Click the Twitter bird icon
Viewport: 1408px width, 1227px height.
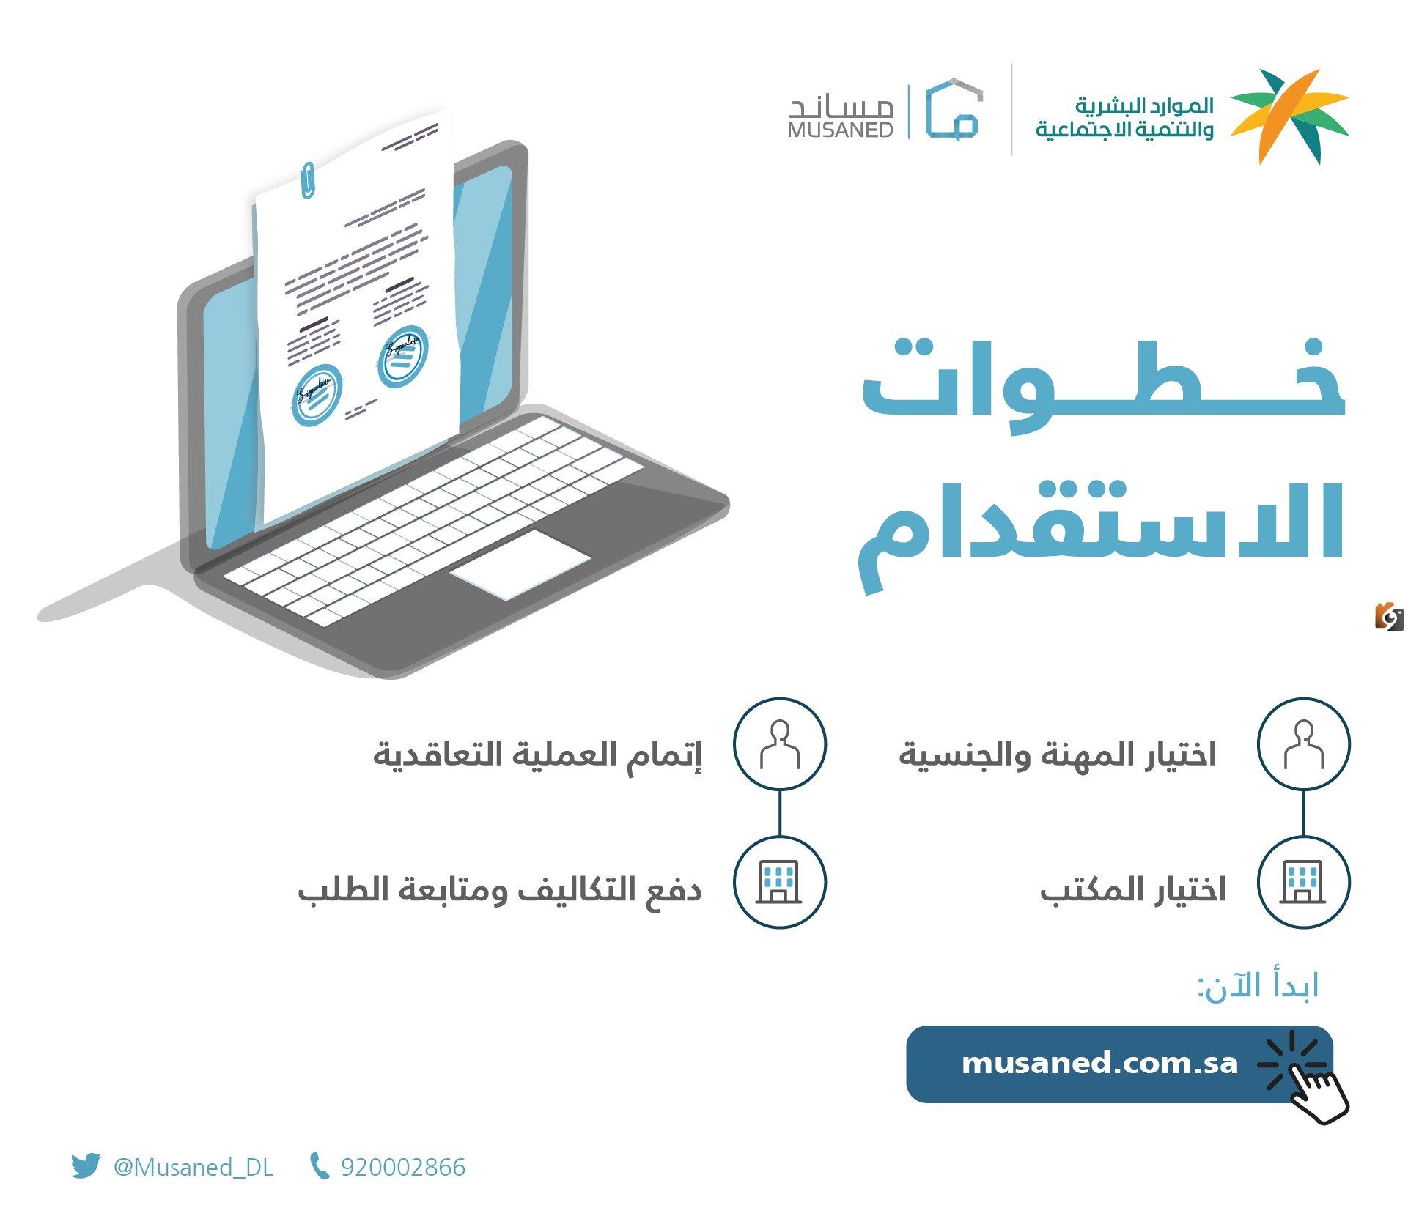[85, 1166]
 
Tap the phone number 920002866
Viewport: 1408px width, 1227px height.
[403, 1167]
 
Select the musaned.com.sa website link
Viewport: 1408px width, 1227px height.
[1099, 1063]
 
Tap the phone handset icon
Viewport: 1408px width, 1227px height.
[319, 1166]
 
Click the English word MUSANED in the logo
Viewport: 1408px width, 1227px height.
[841, 130]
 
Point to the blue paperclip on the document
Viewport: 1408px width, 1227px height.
[309, 180]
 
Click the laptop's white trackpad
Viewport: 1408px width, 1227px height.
[520, 565]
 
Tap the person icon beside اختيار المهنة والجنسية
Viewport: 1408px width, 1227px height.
[1303, 744]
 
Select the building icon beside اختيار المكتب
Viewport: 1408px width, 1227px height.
[1303, 882]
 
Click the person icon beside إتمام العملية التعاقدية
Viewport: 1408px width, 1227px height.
[780, 744]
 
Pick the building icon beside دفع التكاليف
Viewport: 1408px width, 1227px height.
[780, 882]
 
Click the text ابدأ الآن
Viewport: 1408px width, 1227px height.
[1258, 987]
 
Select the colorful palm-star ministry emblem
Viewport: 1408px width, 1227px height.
[1289, 116]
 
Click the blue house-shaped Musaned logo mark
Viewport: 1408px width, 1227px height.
[954, 109]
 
